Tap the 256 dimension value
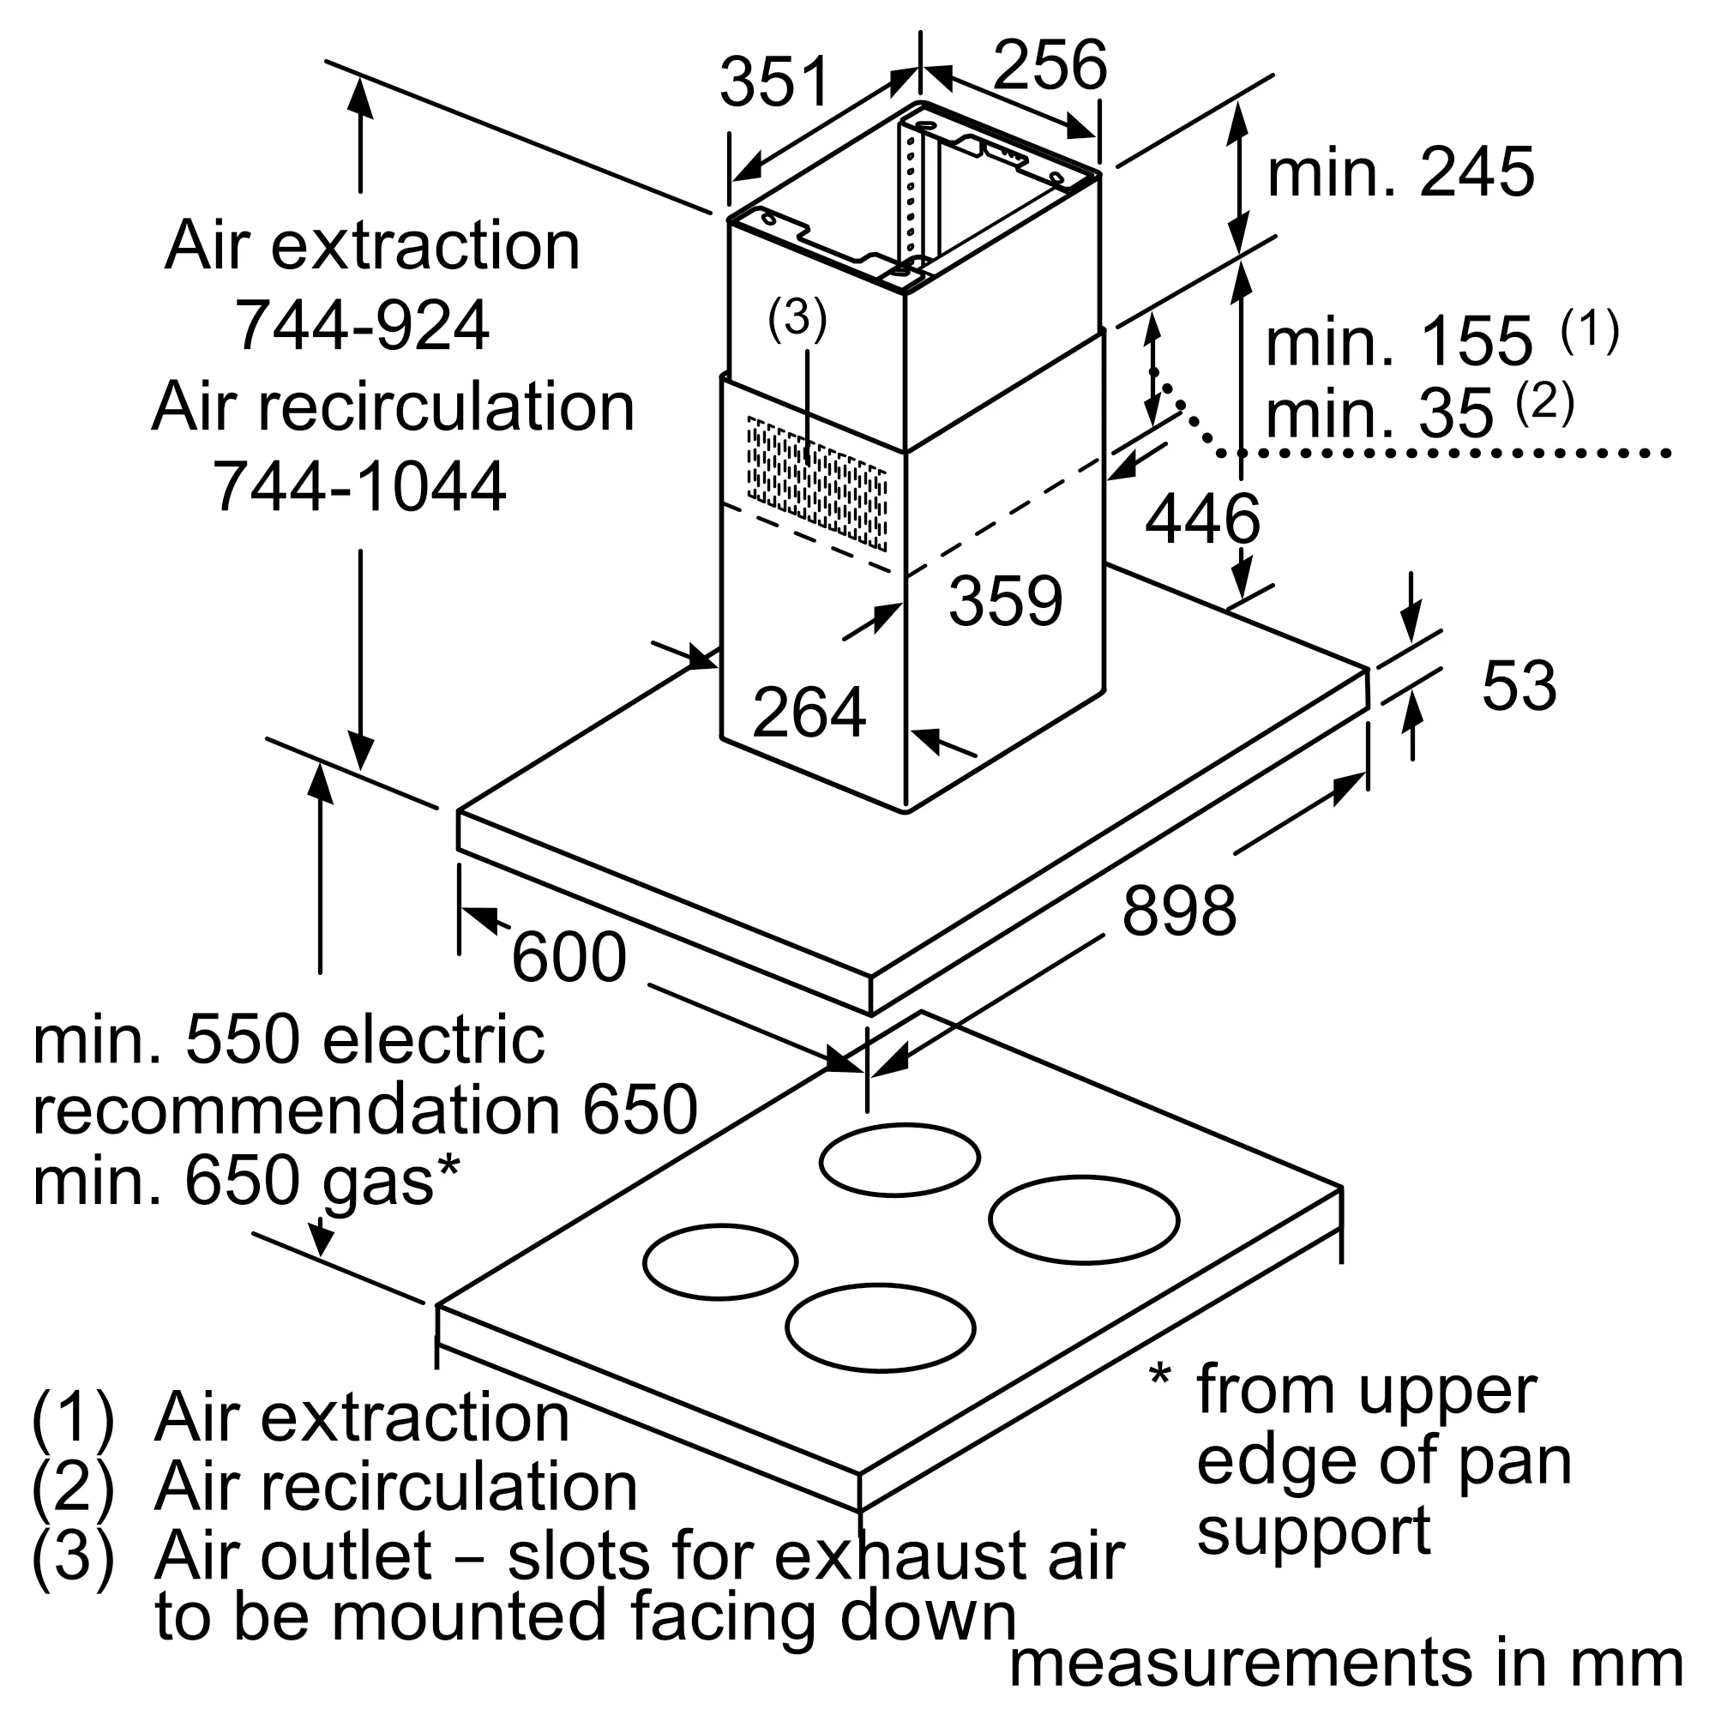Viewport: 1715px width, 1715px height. (1050, 65)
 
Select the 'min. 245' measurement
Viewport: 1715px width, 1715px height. (1401, 172)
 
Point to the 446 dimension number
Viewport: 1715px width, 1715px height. (1202, 520)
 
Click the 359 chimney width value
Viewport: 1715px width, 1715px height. (1005, 601)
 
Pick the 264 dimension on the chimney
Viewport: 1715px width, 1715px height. (808, 713)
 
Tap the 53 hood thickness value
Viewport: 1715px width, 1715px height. (1519, 685)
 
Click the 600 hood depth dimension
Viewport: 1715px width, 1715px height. (569, 958)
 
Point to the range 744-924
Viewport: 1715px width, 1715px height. (361, 326)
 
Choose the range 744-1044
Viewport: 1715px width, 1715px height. (359, 486)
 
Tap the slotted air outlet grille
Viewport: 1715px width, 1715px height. (816, 482)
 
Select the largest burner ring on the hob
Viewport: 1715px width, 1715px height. (1083, 1220)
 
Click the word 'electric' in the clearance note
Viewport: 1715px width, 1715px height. (433, 1040)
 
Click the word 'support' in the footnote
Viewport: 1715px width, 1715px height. (1313, 1531)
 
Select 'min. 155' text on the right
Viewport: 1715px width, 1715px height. (1399, 341)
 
